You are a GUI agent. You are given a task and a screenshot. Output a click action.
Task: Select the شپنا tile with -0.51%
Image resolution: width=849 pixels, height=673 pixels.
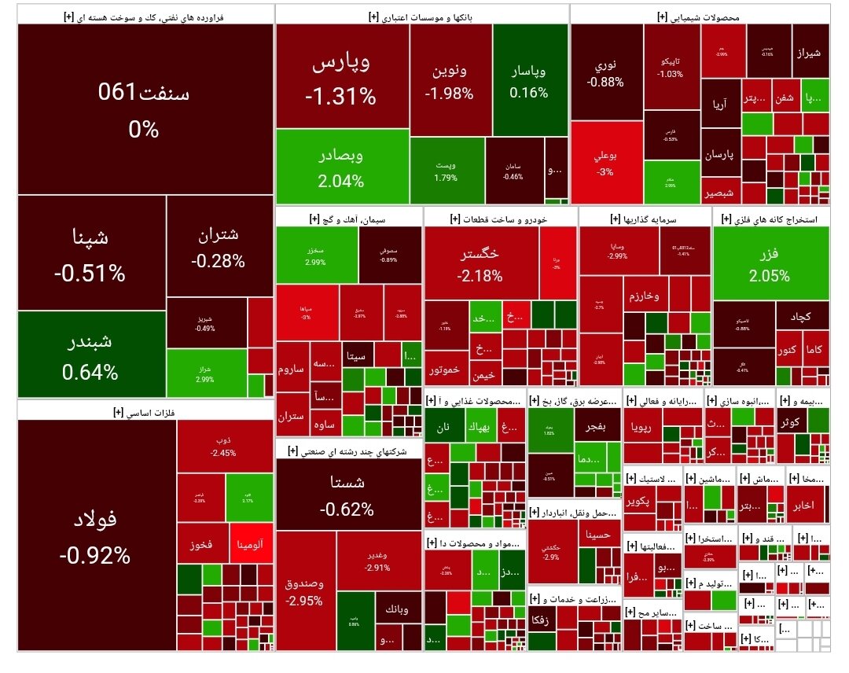(90, 253)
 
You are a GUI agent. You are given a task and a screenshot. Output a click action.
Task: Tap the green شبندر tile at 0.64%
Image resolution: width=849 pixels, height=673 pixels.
(90, 355)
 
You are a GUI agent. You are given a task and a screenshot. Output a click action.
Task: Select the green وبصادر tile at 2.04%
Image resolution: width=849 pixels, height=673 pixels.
(341, 167)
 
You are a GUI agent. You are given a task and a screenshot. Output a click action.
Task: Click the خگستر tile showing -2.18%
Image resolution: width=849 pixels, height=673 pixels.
(480, 263)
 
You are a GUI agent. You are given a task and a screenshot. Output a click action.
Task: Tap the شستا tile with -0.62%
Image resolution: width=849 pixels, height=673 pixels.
(347, 493)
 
